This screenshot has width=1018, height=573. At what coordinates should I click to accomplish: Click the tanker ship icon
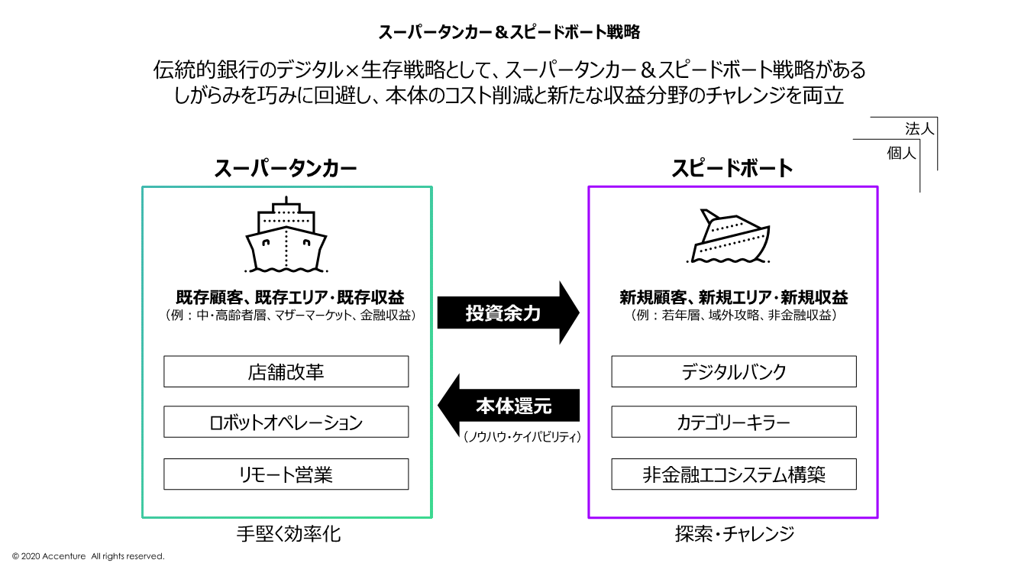click(x=286, y=235)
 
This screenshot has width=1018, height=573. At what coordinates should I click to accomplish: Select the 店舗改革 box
click(x=286, y=372)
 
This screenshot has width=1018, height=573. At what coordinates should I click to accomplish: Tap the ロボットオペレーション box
click(x=286, y=422)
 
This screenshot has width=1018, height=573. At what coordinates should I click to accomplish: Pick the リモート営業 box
click(x=286, y=474)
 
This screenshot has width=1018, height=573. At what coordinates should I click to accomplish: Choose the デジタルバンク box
click(x=733, y=372)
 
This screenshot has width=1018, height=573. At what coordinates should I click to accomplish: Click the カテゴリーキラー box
click(x=733, y=422)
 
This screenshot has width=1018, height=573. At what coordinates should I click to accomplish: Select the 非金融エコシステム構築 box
click(x=733, y=474)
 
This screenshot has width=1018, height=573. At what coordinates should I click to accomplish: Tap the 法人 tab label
click(x=919, y=128)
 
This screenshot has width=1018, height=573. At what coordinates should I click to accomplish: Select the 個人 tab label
click(x=901, y=153)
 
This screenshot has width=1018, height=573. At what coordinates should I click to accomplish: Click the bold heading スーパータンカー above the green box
click(x=286, y=169)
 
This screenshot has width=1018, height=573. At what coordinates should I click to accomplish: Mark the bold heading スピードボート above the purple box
click(x=732, y=169)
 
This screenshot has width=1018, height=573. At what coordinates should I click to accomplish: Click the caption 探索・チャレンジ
click(x=734, y=534)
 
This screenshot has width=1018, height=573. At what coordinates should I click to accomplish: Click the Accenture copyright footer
click(x=89, y=556)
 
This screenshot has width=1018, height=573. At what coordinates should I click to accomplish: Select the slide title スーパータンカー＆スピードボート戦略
click(x=509, y=32)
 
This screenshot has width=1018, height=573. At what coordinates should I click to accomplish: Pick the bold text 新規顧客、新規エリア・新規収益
click(x=733, y=297)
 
